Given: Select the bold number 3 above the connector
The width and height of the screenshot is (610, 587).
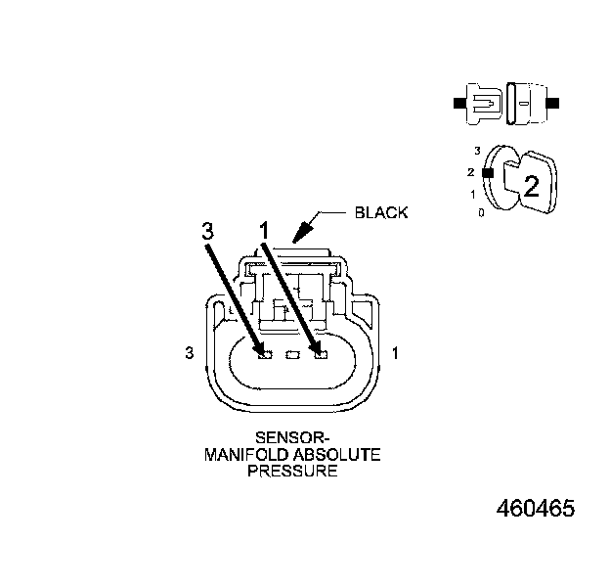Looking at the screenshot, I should tap(206, 231).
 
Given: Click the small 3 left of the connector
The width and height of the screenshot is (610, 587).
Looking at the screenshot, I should tap(189, 352).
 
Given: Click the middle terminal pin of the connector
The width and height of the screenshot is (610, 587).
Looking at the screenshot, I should tap(290, 354).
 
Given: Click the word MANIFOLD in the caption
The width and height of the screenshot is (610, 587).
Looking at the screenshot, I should tap(243, 456).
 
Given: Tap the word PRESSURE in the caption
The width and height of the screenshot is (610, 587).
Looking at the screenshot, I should tap(291, 471).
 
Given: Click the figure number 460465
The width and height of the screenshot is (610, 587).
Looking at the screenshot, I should tap(535, 509).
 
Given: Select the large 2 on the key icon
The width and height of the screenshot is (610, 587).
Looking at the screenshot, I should tap(531, 186).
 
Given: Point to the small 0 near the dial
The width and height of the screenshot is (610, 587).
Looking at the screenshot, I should tap(480, 211).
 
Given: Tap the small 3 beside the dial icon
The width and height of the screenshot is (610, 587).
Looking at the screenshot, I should tap(477, 152).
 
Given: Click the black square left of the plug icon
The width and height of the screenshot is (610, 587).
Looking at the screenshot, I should tap(458, 103).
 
